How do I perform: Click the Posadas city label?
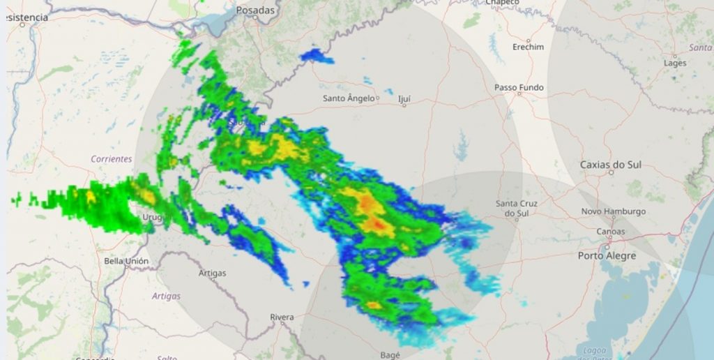256,10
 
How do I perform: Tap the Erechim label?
528,47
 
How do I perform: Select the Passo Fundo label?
519,88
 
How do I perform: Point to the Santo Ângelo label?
349,98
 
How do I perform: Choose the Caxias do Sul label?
611,165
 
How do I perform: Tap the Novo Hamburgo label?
614,211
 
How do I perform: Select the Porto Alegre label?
607,256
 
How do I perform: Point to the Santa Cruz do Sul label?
517,208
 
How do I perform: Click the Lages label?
675,63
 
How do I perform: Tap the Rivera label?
282,317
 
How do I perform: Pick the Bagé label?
390,355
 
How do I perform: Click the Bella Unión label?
126,261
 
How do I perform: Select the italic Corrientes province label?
112,159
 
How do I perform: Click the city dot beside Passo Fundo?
519,93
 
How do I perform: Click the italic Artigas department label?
166,296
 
